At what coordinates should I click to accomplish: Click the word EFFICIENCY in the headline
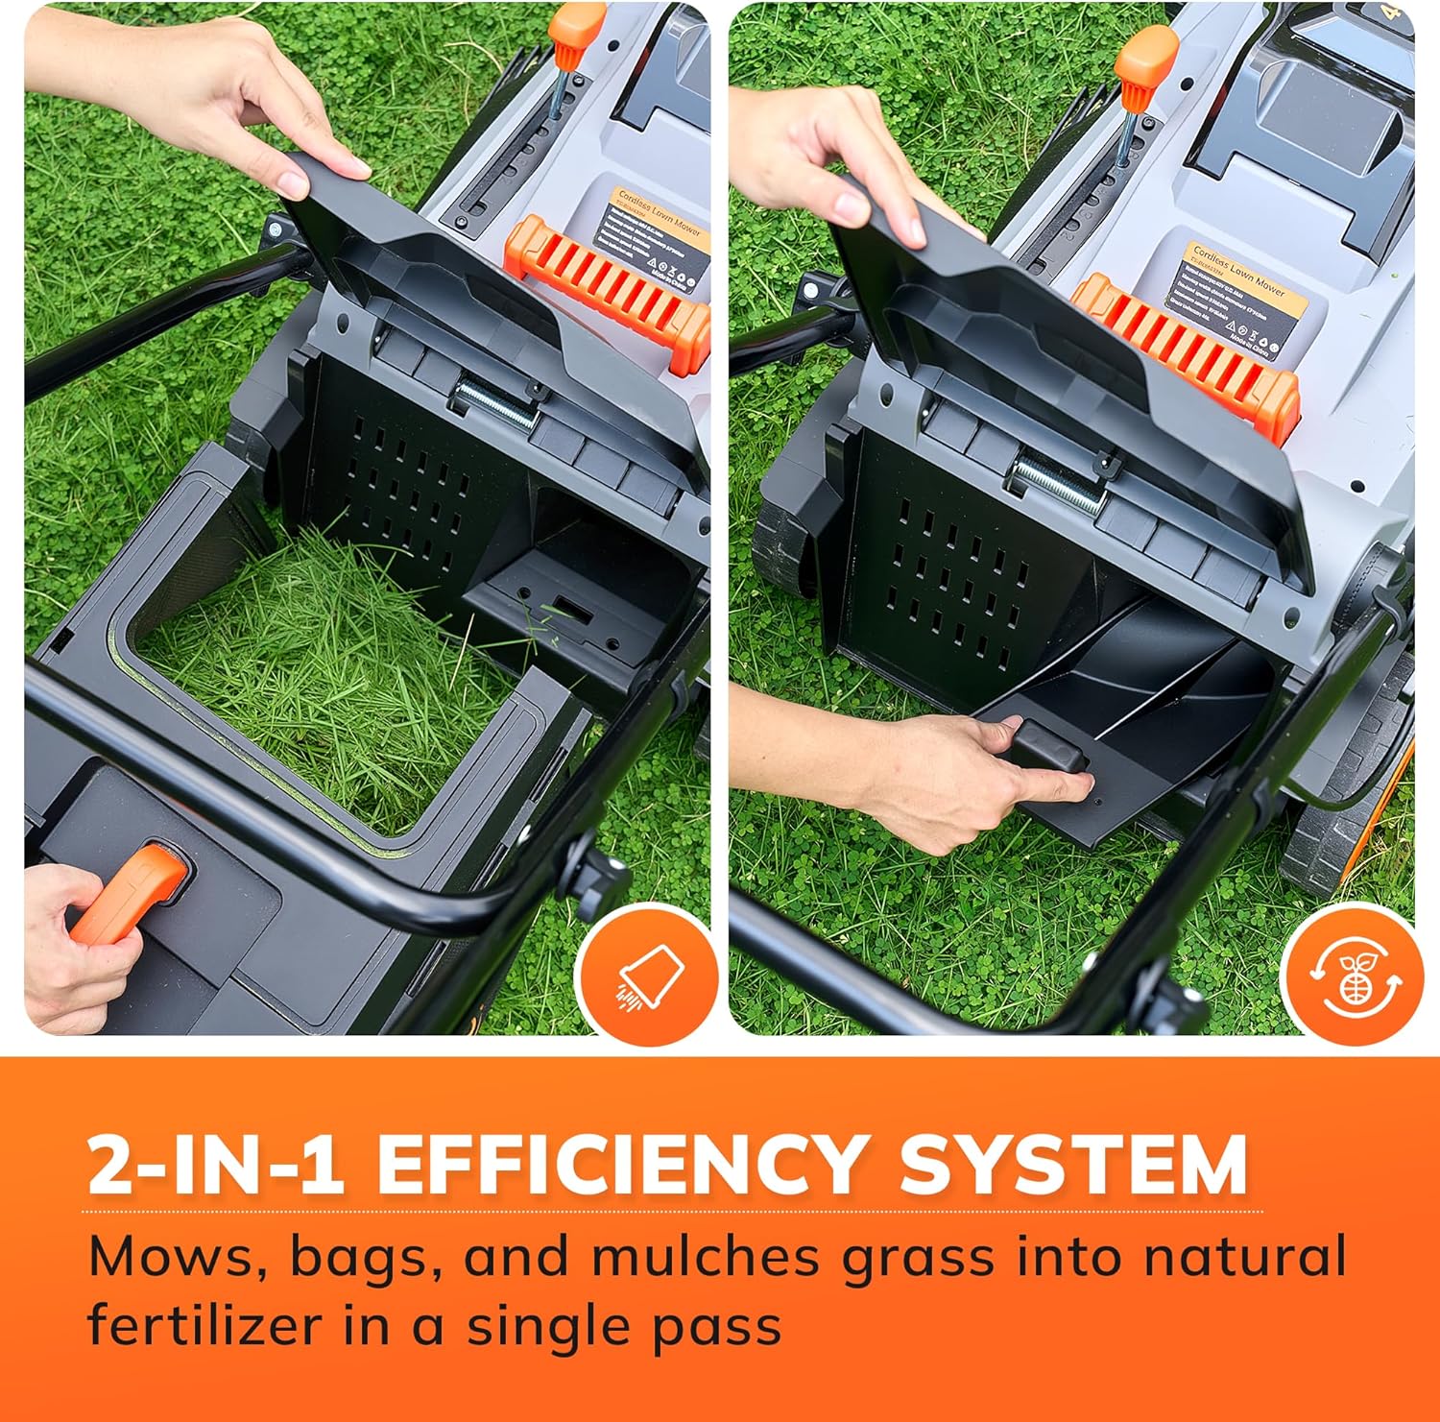coord(622,1164)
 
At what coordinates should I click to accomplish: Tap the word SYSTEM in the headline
coord(1072,1164)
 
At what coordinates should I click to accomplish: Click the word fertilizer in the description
coord(204,1326)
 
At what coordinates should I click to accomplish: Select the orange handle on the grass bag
coord(130,893)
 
